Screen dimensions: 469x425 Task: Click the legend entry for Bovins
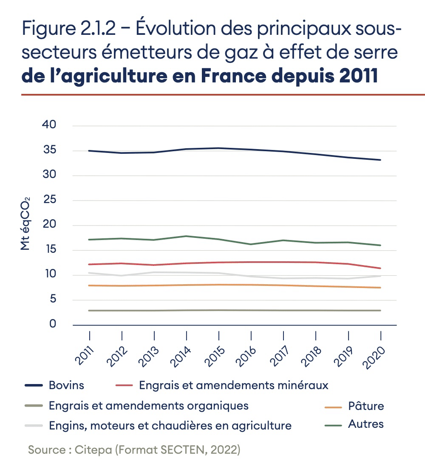66,386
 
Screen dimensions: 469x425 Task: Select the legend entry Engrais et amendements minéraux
234,386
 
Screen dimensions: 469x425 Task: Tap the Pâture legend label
366,406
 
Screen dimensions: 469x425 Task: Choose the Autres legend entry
365,424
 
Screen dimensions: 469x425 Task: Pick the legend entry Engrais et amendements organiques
148,406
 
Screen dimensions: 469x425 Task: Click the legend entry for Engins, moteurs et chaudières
170,425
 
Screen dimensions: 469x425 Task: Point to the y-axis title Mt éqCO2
25,225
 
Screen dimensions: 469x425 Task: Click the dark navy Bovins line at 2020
380,160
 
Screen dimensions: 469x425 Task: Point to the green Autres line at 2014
186,236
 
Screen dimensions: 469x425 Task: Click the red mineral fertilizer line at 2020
380,268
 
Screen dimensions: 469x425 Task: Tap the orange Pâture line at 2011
90,285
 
